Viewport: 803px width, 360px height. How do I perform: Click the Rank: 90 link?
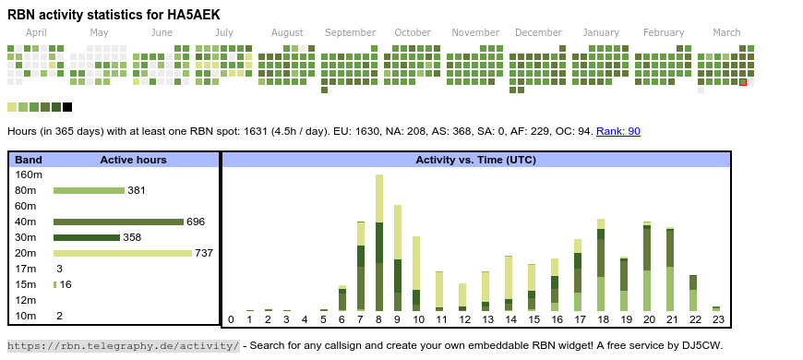(618, 131)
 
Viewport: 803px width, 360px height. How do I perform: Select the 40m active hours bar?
(118, 222)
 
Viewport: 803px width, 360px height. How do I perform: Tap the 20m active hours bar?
(123, 253)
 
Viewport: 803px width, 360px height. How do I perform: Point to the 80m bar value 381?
(137, 190)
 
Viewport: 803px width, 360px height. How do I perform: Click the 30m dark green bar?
(87, 237)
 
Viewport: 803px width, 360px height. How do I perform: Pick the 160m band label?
(29, 174)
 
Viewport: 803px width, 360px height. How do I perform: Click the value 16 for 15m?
(66, 284)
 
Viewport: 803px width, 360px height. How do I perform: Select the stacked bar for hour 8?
(379, 243)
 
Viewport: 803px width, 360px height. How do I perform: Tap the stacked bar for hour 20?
(647, 266)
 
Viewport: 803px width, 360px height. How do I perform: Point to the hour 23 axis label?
(718, 319)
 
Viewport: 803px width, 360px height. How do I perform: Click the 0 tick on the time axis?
(231, 319)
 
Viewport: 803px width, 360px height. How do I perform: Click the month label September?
(351, 33)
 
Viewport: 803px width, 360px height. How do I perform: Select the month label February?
(664, 33)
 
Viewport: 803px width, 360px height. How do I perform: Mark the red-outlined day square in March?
(743, 82)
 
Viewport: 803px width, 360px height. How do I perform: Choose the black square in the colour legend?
(67, 107)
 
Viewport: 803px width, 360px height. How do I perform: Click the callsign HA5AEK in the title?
(194, 15)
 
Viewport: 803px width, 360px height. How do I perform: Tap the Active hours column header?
(133, 160)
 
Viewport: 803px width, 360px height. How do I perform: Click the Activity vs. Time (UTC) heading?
(475, 160)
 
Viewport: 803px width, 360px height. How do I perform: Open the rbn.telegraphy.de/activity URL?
(124, 345)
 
